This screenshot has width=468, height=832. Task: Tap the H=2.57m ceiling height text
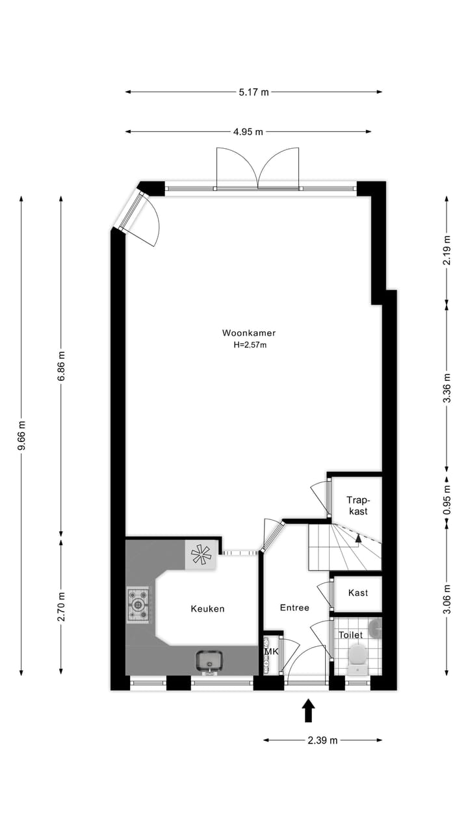point(250,345)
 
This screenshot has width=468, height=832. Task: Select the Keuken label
point(207,609)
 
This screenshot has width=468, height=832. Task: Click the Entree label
point(294,608)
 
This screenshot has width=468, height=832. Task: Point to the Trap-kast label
point(357,506)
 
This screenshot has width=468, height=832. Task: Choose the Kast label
point(358,593)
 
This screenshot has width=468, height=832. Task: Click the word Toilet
point(350,634)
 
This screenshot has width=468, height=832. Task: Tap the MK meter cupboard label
point(271,651)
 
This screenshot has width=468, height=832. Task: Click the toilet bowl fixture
point(357,656)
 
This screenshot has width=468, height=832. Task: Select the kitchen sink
point(209,661)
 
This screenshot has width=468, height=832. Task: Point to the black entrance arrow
point(309,710)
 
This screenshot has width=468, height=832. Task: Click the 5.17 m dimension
point(253,92)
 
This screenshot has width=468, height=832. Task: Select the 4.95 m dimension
point(248,132)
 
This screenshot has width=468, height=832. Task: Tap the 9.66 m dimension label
point(21,435)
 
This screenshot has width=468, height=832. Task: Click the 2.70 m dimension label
point(61,606)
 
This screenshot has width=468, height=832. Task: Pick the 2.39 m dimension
point(322,740)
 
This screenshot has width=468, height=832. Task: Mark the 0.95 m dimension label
point(447,501)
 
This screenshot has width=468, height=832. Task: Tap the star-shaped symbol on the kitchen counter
point(201,554)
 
